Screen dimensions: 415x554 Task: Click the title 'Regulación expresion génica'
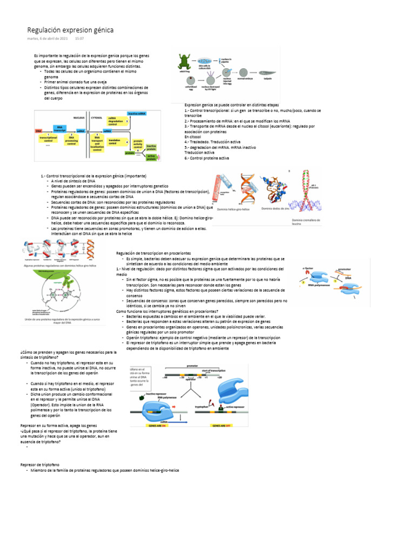pyautogui.click(x=70, y=30)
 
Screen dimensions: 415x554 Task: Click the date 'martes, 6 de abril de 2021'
pyautogui.click(x=48, y=39)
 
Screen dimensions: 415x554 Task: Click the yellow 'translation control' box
pyautogui.click(x=115, y=142)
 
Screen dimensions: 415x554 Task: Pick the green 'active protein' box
pyautogui.click(x=151, y=157)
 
